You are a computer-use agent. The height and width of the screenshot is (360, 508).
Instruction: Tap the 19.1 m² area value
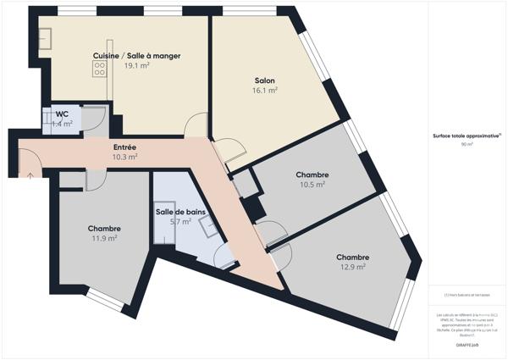point(136,65)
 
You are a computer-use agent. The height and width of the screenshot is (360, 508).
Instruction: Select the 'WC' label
point(62,114)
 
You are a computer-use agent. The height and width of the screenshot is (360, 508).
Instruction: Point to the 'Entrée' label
point(124,147)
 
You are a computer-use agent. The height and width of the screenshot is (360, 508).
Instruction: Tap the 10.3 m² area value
point(124,157)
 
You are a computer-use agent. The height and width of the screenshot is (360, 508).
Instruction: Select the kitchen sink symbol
point(44,37)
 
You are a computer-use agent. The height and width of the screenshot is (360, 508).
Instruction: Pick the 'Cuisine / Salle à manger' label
point(136,56)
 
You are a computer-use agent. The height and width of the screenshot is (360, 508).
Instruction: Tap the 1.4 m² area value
point(62,124)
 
